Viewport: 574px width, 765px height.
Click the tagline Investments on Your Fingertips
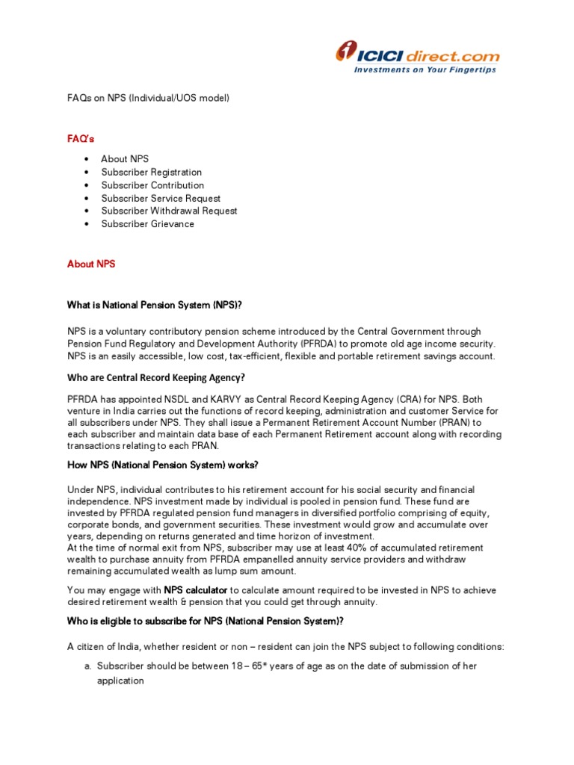[425, 70]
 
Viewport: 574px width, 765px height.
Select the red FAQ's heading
[81, 139]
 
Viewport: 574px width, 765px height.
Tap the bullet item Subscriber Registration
[152, 172]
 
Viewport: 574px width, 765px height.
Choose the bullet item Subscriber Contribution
[152, 185]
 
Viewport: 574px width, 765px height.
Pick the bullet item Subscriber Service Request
[161, 198]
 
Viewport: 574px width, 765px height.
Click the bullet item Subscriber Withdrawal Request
[169, 211]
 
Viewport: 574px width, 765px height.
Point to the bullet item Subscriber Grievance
[147, 224]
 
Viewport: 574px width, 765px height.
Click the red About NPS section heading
[91, 264]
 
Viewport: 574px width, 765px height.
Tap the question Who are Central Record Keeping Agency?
[156, 377]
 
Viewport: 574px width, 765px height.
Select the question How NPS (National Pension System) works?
[163, 465]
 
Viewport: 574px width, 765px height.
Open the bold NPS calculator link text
[196, 590]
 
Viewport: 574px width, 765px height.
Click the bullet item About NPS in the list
[125, 159]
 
